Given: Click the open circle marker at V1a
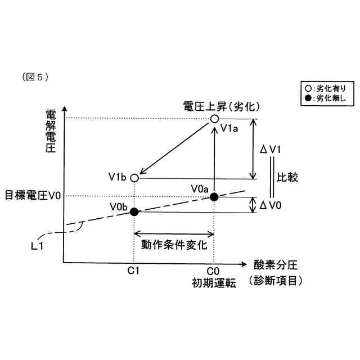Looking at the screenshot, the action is [214, 119].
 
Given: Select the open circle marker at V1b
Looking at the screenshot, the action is [134, 178].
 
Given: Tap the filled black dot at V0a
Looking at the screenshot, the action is [214, 196].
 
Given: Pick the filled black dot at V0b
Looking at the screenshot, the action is [134, 211].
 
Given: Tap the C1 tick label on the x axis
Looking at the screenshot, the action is [133, 271].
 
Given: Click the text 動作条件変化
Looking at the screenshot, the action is [174, 245].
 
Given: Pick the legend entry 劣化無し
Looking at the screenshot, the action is [325, 98].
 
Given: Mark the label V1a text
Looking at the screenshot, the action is [230, 129].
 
